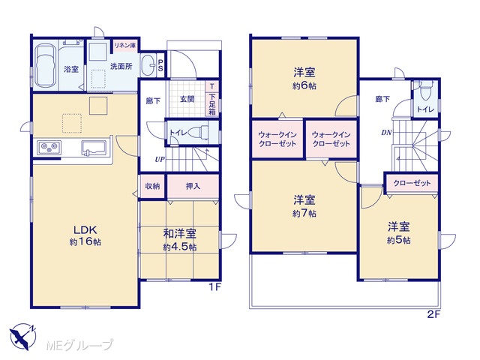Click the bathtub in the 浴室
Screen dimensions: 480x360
45,66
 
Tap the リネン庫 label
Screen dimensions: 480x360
125,46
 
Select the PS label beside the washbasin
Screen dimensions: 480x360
160,65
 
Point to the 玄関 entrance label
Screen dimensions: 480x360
187,99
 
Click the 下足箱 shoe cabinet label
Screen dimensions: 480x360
212,104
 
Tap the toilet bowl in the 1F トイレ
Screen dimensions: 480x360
198,132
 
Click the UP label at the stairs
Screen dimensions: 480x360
160,159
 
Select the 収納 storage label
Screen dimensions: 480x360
152,186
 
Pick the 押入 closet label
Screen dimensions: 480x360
193,186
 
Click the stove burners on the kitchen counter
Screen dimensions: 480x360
49,148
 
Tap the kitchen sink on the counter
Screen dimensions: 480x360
94,148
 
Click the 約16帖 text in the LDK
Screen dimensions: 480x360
85,241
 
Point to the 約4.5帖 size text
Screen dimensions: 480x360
180,247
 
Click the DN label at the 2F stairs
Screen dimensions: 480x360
386,133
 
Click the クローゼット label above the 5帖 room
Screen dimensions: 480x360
412,183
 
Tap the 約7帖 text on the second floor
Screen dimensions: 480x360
304,213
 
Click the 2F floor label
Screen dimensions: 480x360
433,315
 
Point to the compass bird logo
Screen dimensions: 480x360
22,337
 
